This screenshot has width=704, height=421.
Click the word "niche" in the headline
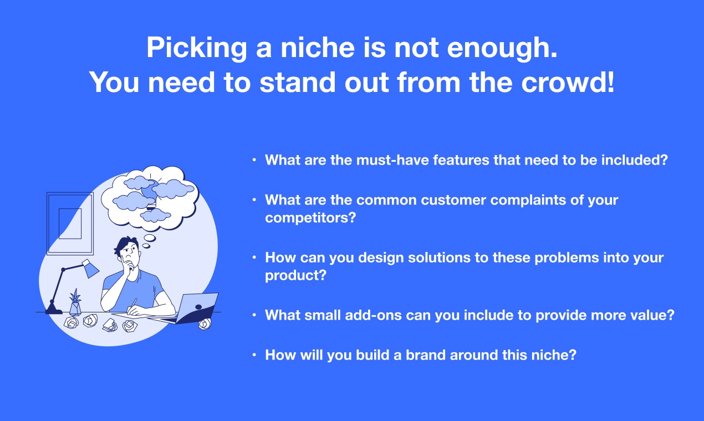[x=318, y=48]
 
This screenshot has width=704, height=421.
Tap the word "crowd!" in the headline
[x=568, y=83]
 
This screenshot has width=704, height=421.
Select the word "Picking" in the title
[x=197, y=48]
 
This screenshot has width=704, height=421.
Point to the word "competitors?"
[x=310, y=217]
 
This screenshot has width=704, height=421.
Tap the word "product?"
[x=296, y=275]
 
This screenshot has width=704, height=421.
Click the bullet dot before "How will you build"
[x=254, y=355]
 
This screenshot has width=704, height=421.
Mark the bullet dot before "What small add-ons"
[x=254, y=315]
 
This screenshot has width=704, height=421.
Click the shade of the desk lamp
[x=90, y=268]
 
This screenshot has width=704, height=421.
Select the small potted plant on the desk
[x=75, y=302]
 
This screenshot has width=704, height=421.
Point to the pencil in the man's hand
[x=132, y=305]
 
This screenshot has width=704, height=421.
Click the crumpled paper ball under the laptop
[x=205, y=324]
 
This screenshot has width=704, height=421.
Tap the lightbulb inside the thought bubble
[x=150, y=192]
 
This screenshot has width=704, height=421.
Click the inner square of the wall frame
[x=70, y=223]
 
